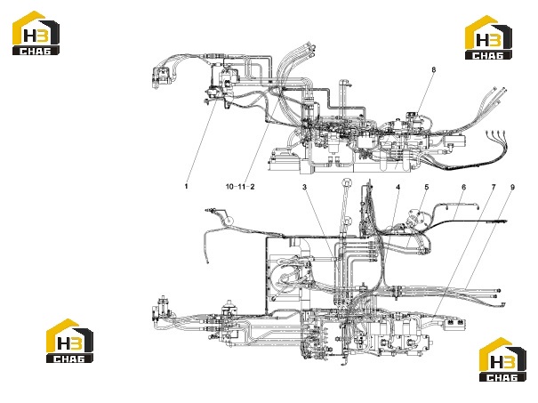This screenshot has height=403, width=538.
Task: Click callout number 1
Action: pyautogui.click(x=187, y=187)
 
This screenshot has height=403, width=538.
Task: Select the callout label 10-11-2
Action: pyautogui.click(x=240, y=187)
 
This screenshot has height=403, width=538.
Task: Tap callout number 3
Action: pyautogui.click(x=304, y=187)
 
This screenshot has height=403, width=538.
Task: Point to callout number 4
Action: pyautogui.click(x=398, y=187)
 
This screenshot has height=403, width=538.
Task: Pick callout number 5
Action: pyautogui.click(x=427, y=187)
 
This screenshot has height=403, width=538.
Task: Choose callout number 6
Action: pyautogui.click(x=464, y=187)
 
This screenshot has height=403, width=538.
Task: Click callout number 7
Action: pyautogui.click(x=494, y=187)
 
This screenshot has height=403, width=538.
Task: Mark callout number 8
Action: pyautogui.click(x=434, y=69)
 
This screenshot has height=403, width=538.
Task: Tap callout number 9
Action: pyautogui.click(x=512, y=187)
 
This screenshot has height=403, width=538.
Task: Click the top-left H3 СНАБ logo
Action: pyautogui.click(x=36, y=33)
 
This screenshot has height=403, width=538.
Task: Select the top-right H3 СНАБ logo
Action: pyautogui.click(x=488, y=37)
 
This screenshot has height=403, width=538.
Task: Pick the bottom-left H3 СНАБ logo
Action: pyautogui.click(x=69, y=341)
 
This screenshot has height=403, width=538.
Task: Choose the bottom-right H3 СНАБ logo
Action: pyautogui.click(x=502, y=359)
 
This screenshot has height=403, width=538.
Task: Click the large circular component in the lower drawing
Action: pyautogui.click(x=284, y=278)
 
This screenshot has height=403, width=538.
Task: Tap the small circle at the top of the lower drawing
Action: pyautogui.click(x=347, y=182)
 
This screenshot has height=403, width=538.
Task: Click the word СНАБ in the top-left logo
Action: pyautogui.click(x=36, y=51)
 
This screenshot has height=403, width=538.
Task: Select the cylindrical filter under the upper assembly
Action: pyautogui.click(x=333, y=143)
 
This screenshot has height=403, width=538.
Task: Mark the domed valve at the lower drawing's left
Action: pyautogui.click(x=228, y=308)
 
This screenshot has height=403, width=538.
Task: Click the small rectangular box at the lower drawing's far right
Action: pyautogui.click(x=455, y=323)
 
